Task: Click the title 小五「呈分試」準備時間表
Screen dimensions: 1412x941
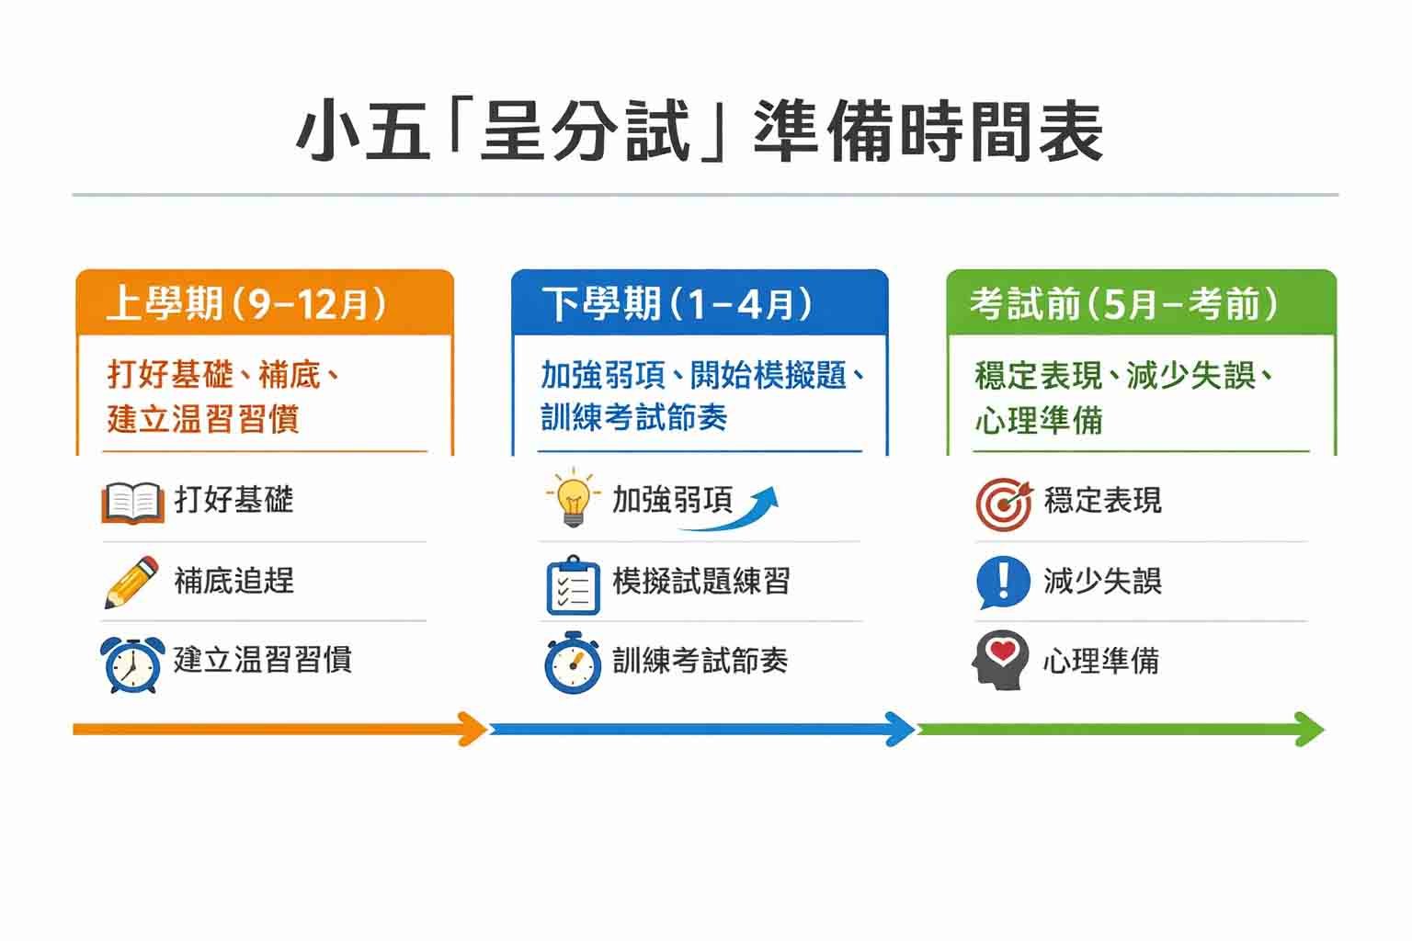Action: (699, 131)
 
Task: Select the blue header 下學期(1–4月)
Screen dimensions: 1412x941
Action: (677, 304)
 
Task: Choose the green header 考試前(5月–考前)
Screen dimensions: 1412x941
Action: (1124, 304)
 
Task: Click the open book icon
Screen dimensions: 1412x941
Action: (133, 503)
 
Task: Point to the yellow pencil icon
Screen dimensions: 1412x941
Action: (131, 582)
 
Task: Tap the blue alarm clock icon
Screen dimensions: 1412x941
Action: (132, 664)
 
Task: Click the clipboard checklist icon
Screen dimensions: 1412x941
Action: (573, 585)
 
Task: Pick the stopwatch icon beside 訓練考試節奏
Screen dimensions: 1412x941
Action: (573, 663)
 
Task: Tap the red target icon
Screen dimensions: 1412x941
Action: (1004, 505)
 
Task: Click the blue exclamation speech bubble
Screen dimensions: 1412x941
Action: (1003, 583)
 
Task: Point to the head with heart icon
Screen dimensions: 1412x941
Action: (1000, 660)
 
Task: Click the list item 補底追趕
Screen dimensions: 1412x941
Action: (233, 581)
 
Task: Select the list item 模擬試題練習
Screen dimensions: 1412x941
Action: (701, 581)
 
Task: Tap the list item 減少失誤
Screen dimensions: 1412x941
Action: (1102, 581)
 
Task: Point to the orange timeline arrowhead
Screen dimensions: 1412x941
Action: (473, 730)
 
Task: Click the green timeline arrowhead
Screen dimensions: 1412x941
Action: (1309, 730)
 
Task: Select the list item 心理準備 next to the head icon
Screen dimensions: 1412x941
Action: (1101, 661)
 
